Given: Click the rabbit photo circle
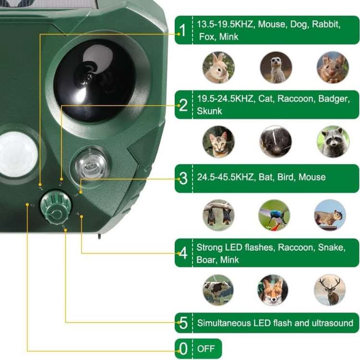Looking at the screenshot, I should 219,67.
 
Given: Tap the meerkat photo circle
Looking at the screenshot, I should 276,67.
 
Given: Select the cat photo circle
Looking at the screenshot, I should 219,142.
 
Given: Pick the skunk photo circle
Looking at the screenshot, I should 276,142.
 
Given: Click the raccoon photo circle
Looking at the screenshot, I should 333,142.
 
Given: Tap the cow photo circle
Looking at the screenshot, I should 218,290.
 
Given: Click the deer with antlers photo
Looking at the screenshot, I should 330,290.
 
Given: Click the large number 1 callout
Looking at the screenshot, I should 182,30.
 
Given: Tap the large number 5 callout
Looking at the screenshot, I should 183,323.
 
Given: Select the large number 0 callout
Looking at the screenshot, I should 183,348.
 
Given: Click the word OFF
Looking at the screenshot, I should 206,348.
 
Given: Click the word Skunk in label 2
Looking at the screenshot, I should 210,111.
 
